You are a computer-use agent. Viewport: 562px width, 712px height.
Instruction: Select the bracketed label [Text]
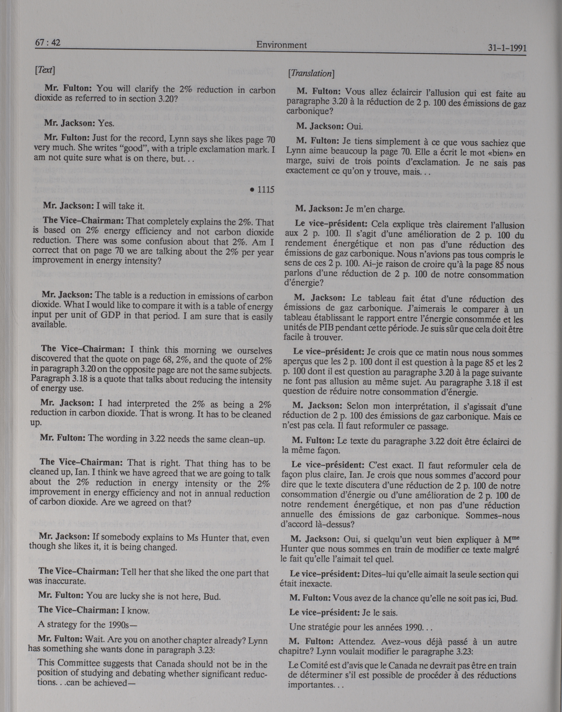(44, 70)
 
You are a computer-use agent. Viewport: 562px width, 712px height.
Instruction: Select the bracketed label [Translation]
(311, 74)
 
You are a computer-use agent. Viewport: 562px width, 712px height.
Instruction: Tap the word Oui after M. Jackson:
(354, 126)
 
